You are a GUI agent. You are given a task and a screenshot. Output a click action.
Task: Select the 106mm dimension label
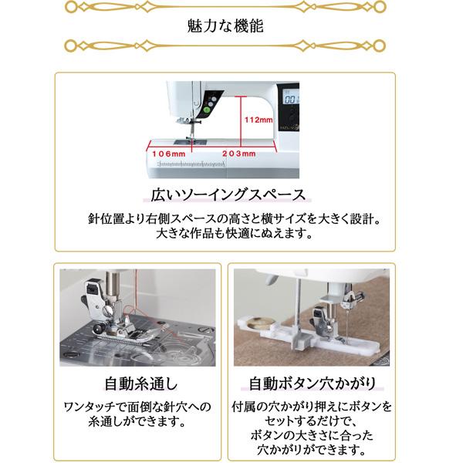tap(169, 154)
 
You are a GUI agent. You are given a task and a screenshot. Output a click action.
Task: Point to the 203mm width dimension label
tap(238, 154)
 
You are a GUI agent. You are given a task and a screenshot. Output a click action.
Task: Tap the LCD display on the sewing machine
tap(292, 100)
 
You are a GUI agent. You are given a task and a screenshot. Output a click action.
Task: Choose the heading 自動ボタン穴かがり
tap(312, 384)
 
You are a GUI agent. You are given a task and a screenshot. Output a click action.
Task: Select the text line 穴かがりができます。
tap(312, 449)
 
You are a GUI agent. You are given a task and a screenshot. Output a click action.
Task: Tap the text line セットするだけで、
tap(312, 421)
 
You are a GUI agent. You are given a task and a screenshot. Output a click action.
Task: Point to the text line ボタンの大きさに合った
tap(312, 435)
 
